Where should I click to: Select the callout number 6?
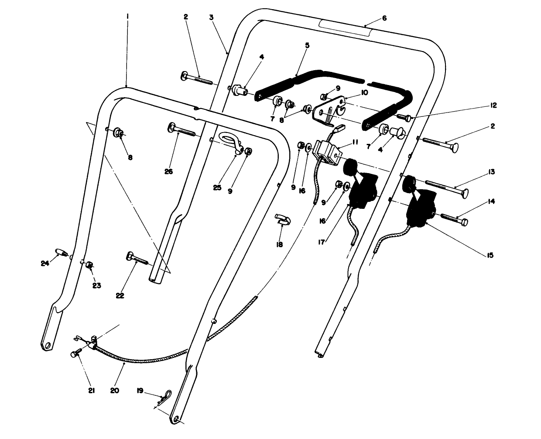pyautogui.click(x=384, y=18)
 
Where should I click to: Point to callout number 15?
pyautogui.click(x=490, y=255)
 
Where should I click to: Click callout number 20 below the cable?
pyautogui.click(x=114, y=391)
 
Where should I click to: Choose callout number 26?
pyautogui.click(x=169, y=171)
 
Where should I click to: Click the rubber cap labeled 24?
pyautogui.click(x=61, y=252)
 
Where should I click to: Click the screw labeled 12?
pyautogui.click(x=404, y=117)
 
